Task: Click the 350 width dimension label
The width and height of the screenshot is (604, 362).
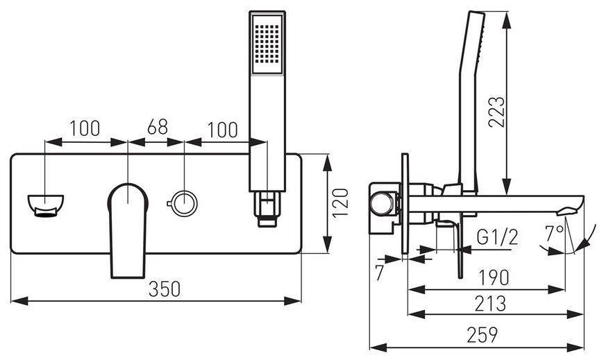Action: click(165, 289)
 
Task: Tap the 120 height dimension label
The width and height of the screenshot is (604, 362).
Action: click(341, 202)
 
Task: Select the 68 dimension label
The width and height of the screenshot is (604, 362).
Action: click(158, 127)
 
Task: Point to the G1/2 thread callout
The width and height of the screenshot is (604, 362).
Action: click(497, 237)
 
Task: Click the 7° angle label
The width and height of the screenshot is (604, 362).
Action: click(554, 233)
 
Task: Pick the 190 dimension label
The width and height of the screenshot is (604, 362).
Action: click(494, 277)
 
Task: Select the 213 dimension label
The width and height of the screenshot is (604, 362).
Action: click(490, 304)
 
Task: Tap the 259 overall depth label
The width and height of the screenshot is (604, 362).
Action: click(483, 334)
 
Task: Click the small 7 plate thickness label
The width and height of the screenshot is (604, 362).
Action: click(380, 273)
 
